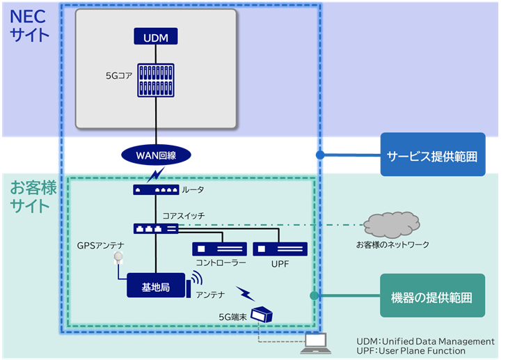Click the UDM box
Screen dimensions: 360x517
click(x=155, y=36)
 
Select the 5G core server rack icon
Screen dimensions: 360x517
click(x=155, y=80)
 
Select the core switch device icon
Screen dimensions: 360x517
click(x=155, y=228)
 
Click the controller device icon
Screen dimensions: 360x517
click(x=219, y=249)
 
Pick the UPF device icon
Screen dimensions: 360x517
click(x=280, y=249)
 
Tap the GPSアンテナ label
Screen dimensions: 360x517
click(x=102, y=245)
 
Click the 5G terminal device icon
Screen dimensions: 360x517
click(x=262, y=315)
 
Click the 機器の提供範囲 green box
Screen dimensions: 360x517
click(x=431, y=297)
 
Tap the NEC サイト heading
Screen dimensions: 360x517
click(x=29, y=24)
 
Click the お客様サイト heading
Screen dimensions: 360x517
click(x=30, y=196)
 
